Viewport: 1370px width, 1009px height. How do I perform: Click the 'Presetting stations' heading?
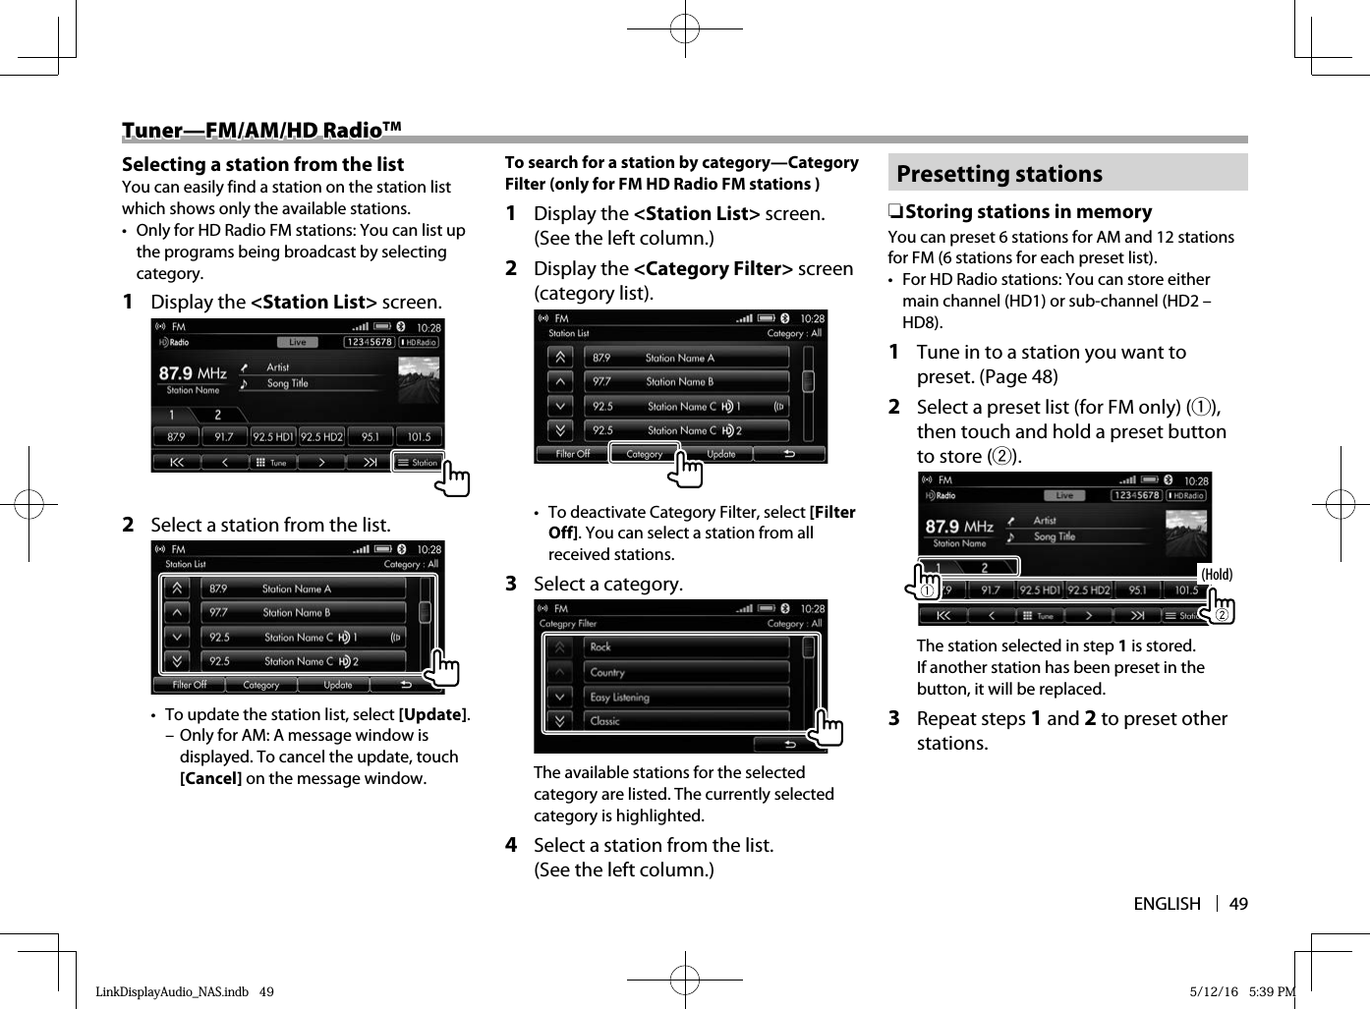click(x=999, y=174)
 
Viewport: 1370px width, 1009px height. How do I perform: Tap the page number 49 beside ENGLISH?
click(x=1238, y=904)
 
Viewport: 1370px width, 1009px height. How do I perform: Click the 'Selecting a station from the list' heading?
click(x=262, y=164)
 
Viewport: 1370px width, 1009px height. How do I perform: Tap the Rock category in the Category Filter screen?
click(x=600, y=647)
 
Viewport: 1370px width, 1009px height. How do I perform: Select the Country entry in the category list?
click(x=607, y=672)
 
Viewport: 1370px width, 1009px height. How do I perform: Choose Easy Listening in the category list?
click(x=619, y=697)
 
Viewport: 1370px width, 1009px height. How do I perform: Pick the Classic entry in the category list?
click(x=605, y=721)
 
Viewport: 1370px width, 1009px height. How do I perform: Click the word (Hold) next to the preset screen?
click(x=1217, y=575)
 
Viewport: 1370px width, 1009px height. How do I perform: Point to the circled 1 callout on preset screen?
click(x=926, y=589)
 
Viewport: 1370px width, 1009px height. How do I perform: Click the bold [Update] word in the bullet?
click(x=433, y=714)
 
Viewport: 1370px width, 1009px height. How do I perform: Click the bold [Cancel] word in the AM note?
click(x=210, y=778)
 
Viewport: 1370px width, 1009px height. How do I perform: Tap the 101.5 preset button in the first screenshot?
click(x=420, y=436)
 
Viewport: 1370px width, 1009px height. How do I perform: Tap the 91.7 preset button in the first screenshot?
click(x=224, y=436)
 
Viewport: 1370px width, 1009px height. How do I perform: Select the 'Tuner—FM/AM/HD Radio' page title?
click(x=261, y=131)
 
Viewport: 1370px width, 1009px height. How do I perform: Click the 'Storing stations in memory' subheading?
click(x=1028, y=211)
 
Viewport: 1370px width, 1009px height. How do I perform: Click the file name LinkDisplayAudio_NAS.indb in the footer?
click(x=172, y=991)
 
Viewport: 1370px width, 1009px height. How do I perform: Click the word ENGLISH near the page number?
click(x=1167, y=904)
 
